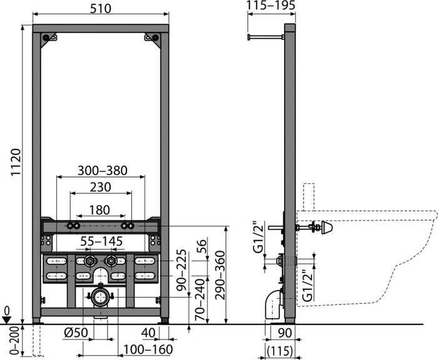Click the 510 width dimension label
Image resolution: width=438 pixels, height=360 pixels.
point(101,8)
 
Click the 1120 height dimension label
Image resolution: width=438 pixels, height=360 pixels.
point(16,162)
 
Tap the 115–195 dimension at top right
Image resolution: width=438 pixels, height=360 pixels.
point(271,6)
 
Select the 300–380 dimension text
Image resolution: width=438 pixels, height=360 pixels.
point(102,171)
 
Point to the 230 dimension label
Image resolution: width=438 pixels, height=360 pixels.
point(100,187)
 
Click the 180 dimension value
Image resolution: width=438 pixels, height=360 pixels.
point(99,210)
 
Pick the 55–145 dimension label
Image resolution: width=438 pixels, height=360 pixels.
point(101,241)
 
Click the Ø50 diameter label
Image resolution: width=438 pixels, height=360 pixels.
point(76,332)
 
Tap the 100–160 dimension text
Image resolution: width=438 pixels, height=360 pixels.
point(148,349)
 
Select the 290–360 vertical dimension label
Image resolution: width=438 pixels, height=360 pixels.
point(220,275)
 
